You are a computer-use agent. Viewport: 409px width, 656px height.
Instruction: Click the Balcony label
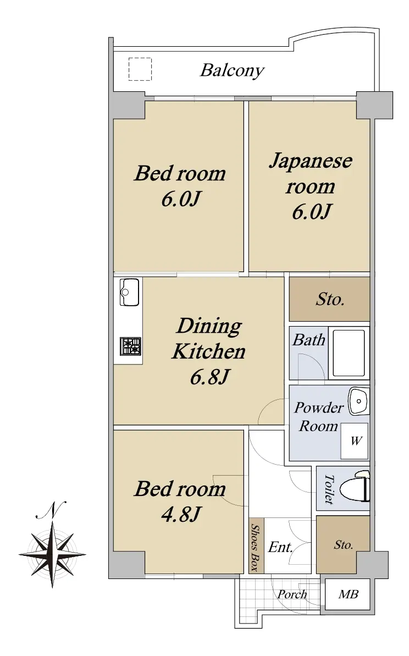point(232,71)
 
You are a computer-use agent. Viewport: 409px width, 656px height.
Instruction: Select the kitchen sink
point(129,292)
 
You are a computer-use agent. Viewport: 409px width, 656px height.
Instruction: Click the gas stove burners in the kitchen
point(131,346)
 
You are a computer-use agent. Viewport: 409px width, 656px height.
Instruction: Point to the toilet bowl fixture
point(355,487)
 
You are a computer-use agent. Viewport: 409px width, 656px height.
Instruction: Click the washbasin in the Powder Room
point(358,401)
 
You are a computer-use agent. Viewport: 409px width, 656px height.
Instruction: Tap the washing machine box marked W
point(355,440)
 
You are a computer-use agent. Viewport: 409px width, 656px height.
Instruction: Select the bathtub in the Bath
point(348,352)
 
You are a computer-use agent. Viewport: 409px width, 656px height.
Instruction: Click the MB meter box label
point(349,594)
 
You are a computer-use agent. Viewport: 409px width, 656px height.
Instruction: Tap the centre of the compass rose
point(53,554)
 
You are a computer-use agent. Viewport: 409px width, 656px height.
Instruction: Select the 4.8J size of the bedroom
point(181,514)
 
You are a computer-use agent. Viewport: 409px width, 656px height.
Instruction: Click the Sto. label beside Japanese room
point(330,299)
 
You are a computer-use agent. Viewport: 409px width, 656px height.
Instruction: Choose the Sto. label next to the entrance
point(344,545)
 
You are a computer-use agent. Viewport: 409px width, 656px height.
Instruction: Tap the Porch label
point(292,594)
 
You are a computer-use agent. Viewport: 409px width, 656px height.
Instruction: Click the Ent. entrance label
point(280,547)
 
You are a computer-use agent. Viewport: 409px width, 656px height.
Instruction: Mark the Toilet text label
point(329,489)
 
